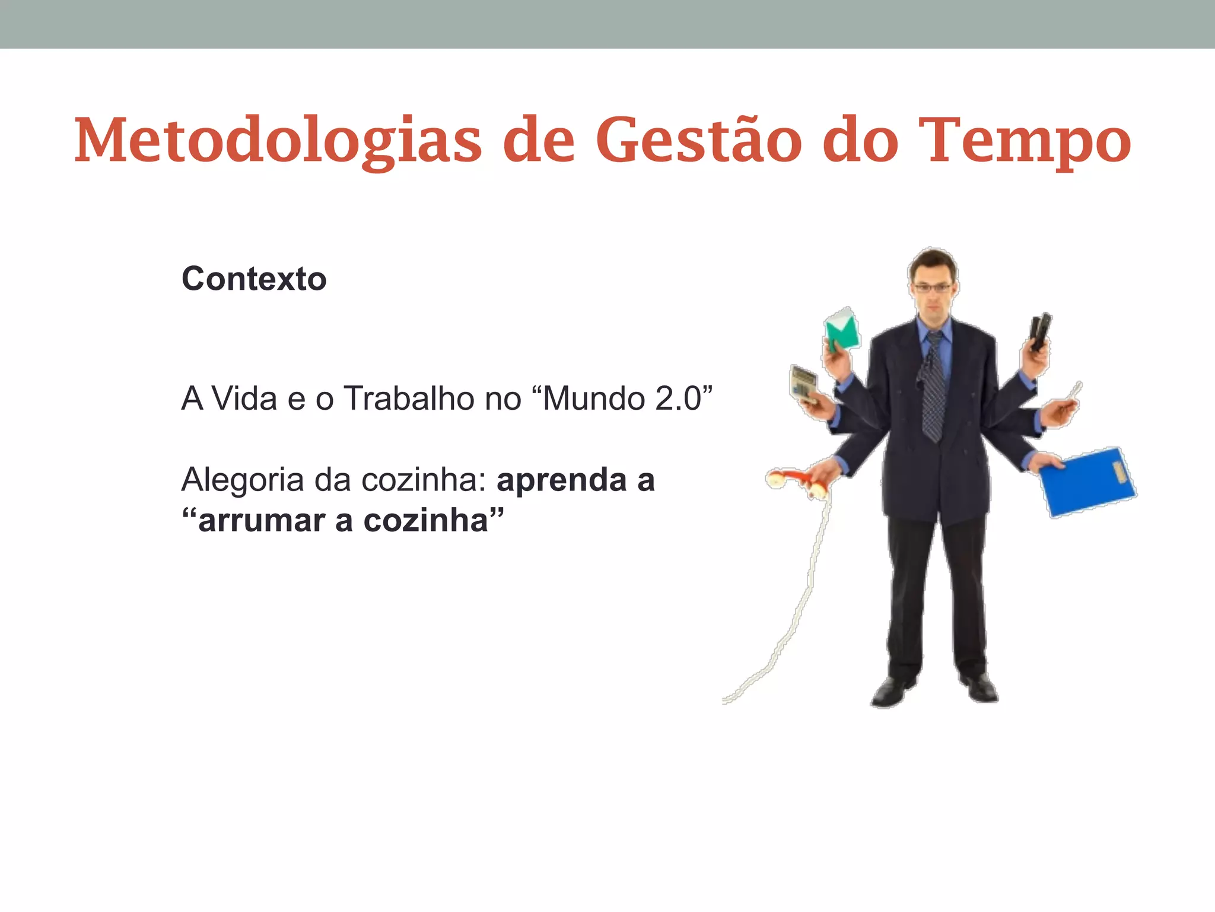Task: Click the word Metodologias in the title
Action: coord(278,141)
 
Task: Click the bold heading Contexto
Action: coord(254,278)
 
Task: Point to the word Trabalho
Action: coord(409,398)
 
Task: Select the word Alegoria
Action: coord(243,480)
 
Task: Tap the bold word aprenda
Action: coord(561,480)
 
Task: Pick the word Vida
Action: coord(245,398)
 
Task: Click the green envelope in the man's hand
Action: coord(842,329)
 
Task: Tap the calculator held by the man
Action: coord(803,383)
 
